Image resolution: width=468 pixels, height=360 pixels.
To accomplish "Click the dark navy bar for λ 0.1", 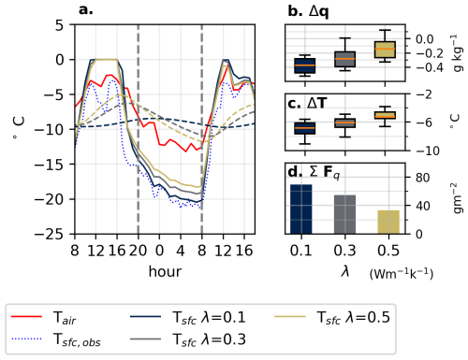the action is [301, 209].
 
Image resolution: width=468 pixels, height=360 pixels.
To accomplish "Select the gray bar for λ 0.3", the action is [344, 214].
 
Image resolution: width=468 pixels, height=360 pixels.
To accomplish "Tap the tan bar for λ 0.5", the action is [388, 223].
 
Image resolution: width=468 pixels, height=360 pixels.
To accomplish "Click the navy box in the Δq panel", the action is [305, 65].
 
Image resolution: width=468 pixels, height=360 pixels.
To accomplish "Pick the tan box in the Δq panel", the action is [385, 50].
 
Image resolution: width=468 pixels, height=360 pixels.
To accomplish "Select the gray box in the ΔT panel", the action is [345, 122].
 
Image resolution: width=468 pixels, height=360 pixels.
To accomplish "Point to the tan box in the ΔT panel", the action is [385, 115].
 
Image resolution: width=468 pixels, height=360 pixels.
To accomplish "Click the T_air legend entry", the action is [44, 318].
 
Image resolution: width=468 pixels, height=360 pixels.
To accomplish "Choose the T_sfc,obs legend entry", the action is [56, 339].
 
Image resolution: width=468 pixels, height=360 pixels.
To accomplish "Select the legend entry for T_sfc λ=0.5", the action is [332, 318].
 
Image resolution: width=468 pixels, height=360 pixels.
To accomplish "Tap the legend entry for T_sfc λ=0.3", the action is [188, 339].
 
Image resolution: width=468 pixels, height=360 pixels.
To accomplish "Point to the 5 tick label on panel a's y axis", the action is [59, 25].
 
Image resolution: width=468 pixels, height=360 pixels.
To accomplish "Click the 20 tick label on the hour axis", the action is [138, 251].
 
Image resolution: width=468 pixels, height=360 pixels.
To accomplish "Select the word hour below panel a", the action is [165, 271].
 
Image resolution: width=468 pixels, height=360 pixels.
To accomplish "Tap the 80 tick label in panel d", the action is [423, 178].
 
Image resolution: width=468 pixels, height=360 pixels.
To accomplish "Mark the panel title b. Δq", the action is [308, 11].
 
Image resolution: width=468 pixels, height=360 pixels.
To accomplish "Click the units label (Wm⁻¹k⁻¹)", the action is [402, 274].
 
